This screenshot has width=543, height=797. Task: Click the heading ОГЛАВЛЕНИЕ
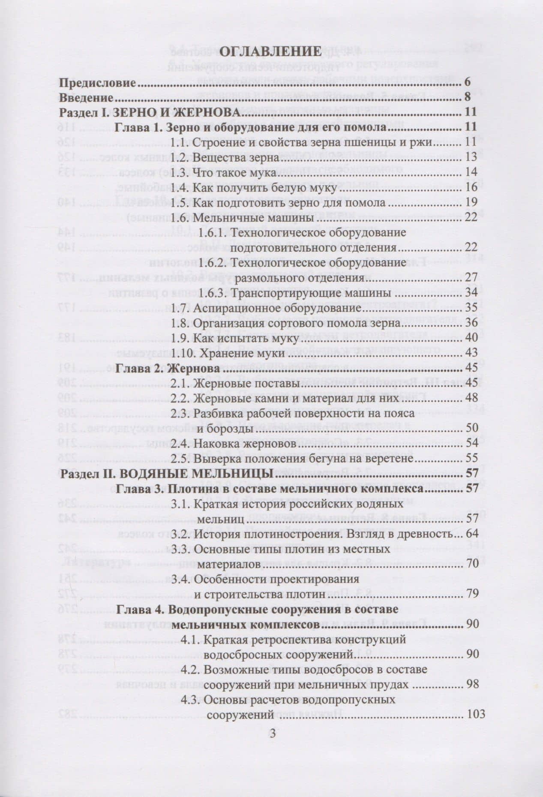[x=271, y=51]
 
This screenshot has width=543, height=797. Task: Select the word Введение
[x=86, y=98]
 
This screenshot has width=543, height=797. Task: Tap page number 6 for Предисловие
[x=467, y=83]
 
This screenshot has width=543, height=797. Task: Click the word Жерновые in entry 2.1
[x=219, y=384]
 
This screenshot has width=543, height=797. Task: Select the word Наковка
[x=216, y=444]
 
